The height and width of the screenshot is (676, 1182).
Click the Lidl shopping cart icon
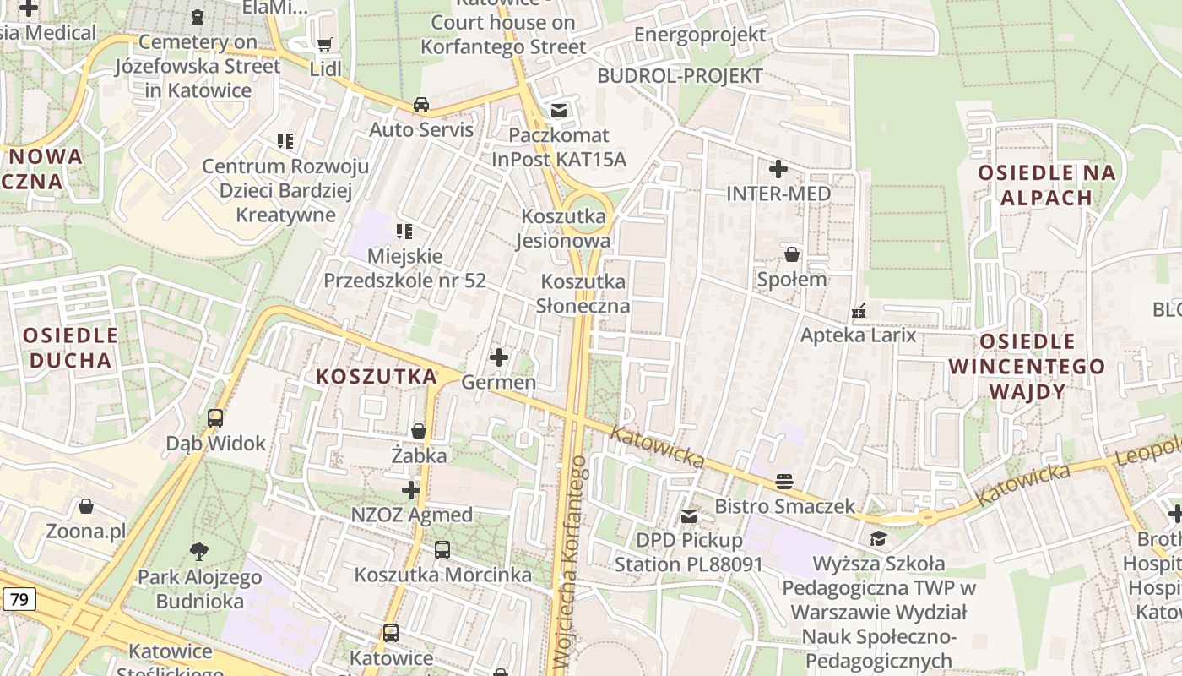click(x=324, y=44)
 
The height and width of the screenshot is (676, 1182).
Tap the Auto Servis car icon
click(x=420, y=105)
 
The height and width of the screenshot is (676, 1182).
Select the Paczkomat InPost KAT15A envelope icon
click(x=558, y=110)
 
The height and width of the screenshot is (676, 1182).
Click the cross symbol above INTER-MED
click(x=778, y=169)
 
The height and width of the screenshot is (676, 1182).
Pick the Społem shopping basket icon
click(x=792, y=253)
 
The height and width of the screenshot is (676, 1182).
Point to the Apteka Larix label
click(x=858, y=335)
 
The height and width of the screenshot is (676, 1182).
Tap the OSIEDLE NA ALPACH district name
click(x=1047, y=185)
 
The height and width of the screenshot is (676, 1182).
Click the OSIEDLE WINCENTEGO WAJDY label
click(x=1027, y=366)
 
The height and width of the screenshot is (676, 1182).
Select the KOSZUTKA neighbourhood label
click(x=377, y=376)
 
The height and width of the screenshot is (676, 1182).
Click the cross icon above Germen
click(x=499, y=357)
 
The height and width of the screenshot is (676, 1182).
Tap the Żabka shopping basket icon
click(x=419, y=431)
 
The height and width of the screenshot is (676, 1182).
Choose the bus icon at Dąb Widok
click(x=215, y=417)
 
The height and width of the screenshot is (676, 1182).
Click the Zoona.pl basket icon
click(x=85, y=506)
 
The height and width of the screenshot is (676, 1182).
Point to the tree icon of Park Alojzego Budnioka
click(x=200, y=552)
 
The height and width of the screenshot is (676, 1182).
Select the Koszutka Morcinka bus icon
click(x=442, y=550)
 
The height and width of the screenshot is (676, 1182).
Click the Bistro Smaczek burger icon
click(x=784, y=481)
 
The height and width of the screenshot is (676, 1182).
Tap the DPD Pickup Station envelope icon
click(x=689, y=515)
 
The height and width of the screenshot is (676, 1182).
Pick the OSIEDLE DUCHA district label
click(x=70, y=347)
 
